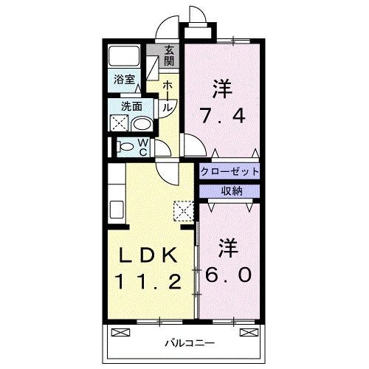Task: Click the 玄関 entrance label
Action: point(169,55)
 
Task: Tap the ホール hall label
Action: point(168,96)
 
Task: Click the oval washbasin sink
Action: point(141,123)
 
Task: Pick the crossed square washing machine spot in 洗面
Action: point(120,122)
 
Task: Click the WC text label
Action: point(144,146)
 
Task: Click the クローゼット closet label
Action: point(230,171)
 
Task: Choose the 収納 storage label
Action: point(230,191)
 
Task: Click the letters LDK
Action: point(148,255)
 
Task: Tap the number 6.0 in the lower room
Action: point(230,273)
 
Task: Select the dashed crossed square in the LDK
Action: point(182,210)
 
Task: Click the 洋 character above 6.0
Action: point(230,246)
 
